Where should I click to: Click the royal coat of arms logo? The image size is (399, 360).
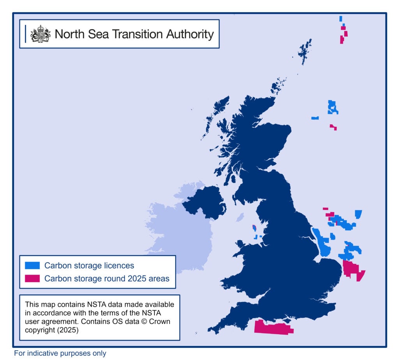(x=41, y=34)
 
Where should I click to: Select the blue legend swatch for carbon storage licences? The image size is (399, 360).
(x=32, y=266)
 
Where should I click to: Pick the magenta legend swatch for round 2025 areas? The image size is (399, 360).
(x=32, y=278)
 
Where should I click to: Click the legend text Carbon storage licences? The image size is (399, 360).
(x=89, y=266)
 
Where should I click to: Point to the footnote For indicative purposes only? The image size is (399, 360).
(x=60, y=353)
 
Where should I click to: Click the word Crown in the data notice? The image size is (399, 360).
(x=161, y=321)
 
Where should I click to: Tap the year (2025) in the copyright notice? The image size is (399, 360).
(x=68, y=330)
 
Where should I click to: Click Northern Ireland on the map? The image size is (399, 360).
(x=205, y=201)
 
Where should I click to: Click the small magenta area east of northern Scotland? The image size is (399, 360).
(x=333, y=127)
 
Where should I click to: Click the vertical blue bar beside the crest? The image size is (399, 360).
(x=26, y=34)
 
